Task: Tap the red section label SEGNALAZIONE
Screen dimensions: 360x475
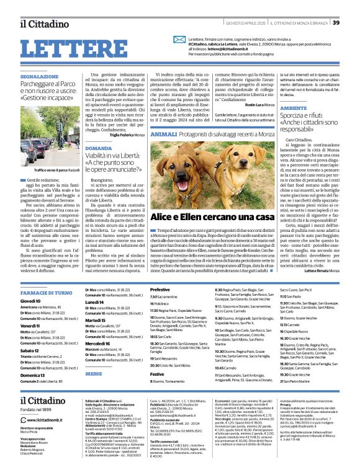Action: [39, 76]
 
